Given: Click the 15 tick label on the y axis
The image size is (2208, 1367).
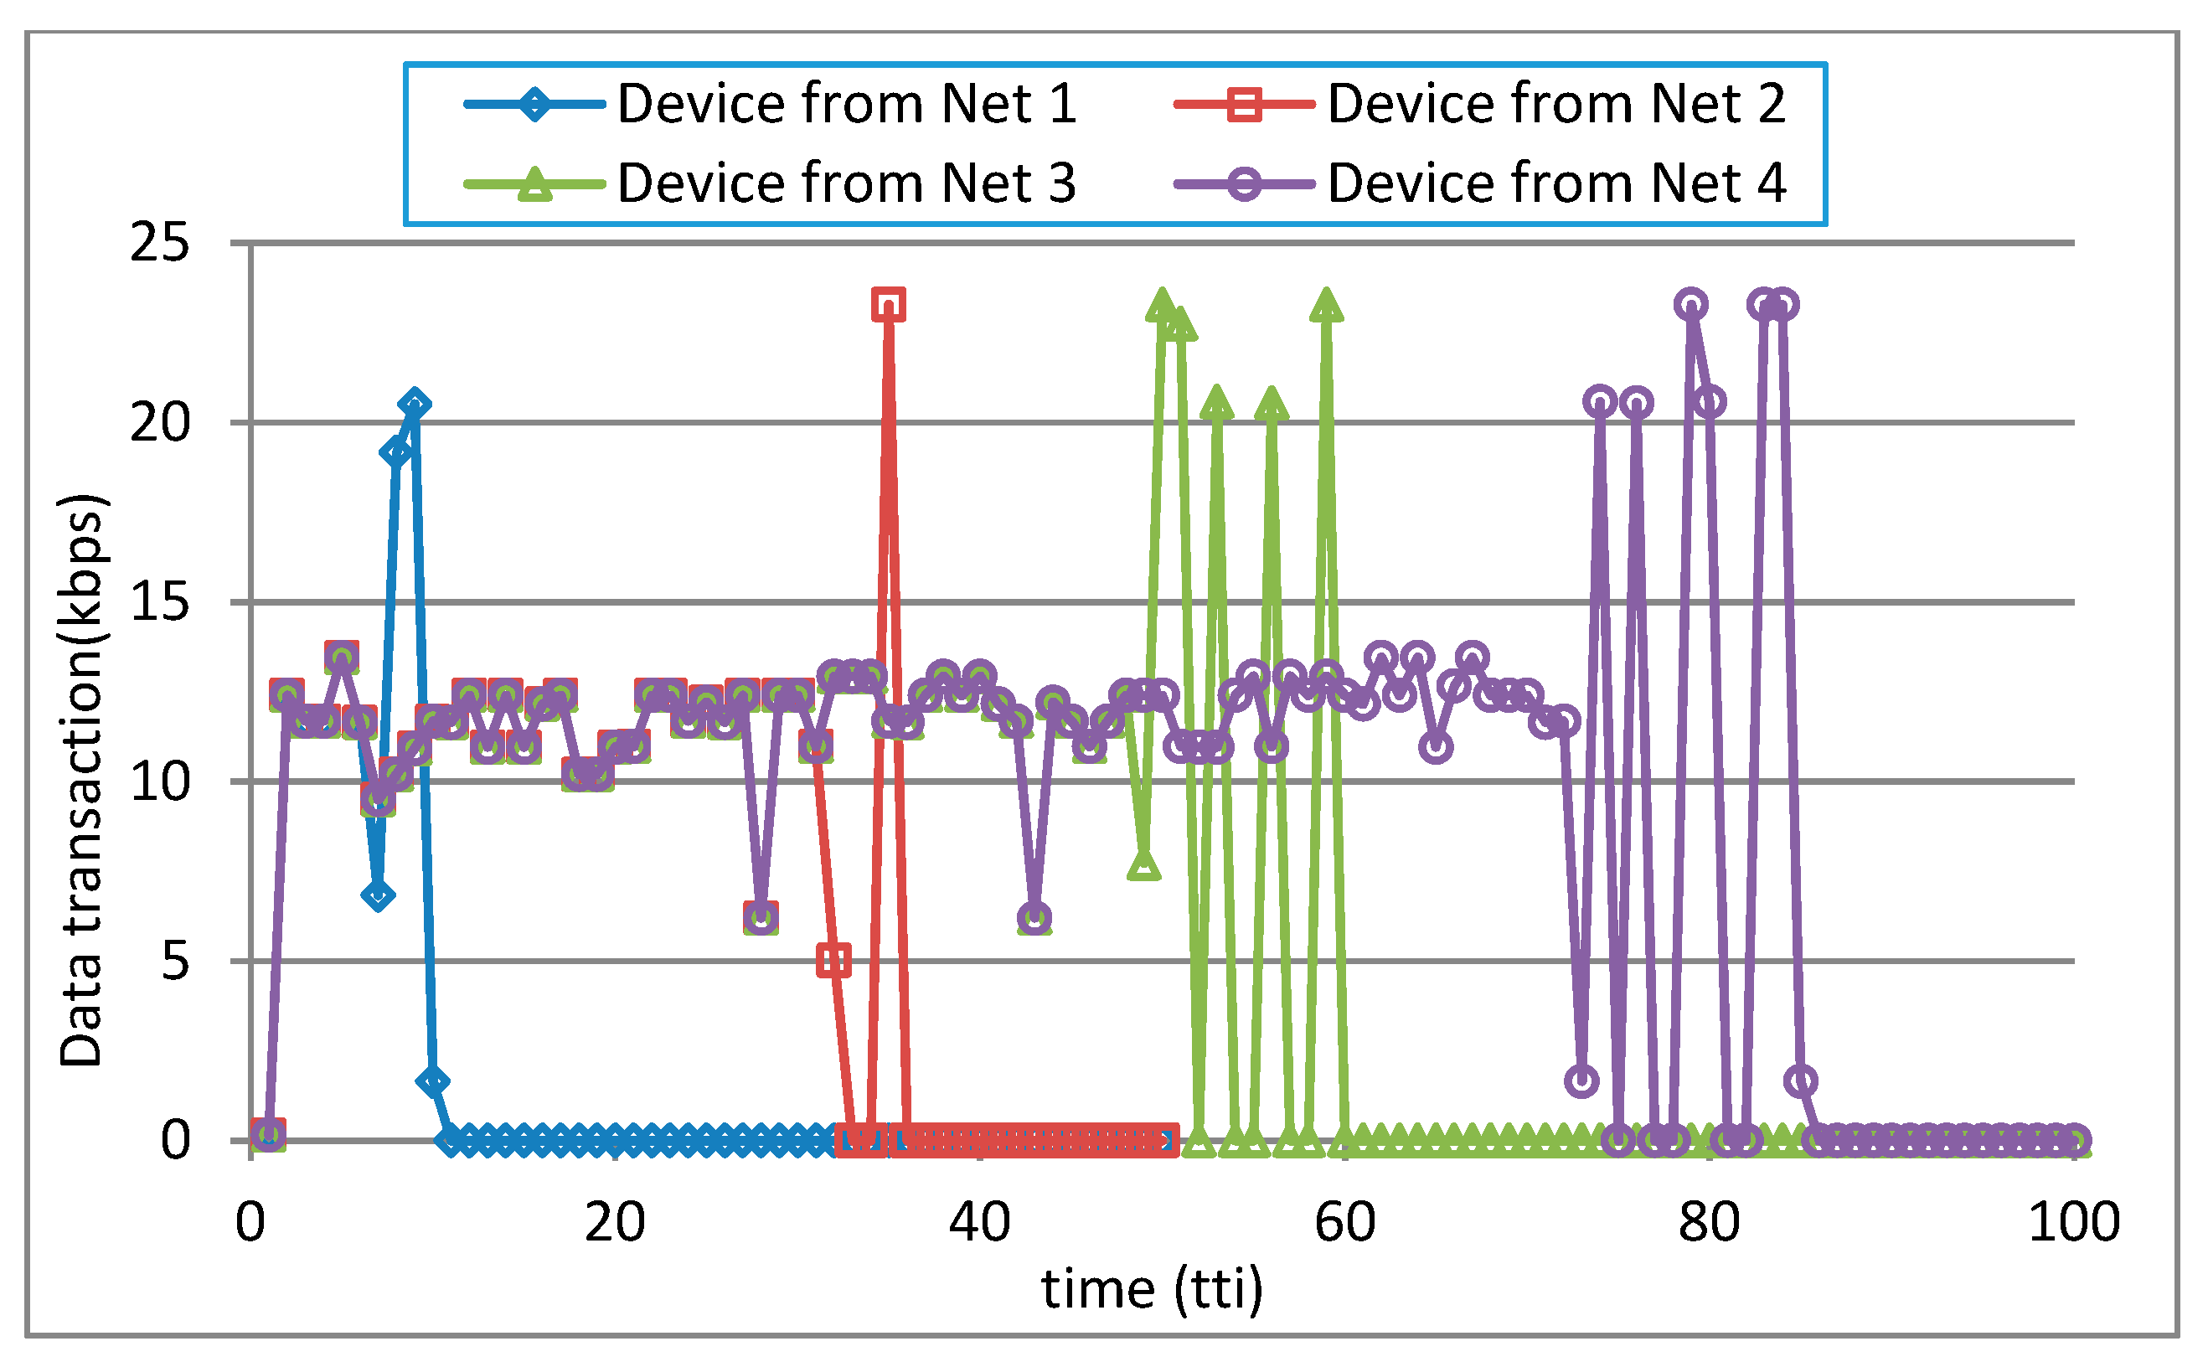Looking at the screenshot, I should click(160, 601).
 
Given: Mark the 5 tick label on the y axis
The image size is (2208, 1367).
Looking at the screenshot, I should click(175, 960).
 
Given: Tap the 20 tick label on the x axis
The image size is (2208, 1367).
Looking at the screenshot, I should click(615, 1222).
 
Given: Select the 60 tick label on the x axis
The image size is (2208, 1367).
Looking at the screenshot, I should click(1344, 1222).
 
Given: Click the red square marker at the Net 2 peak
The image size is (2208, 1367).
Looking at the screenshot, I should click(889, 305).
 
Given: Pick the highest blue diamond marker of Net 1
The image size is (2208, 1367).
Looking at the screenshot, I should click(415, 404).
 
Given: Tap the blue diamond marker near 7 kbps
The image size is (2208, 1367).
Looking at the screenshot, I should click(378, 895).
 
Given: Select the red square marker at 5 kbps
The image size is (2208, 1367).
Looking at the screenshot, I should click(833, 960).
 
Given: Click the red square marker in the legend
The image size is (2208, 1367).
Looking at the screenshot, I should click(1244, 105).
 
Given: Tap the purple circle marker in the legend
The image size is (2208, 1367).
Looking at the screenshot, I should click(1244, 184).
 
